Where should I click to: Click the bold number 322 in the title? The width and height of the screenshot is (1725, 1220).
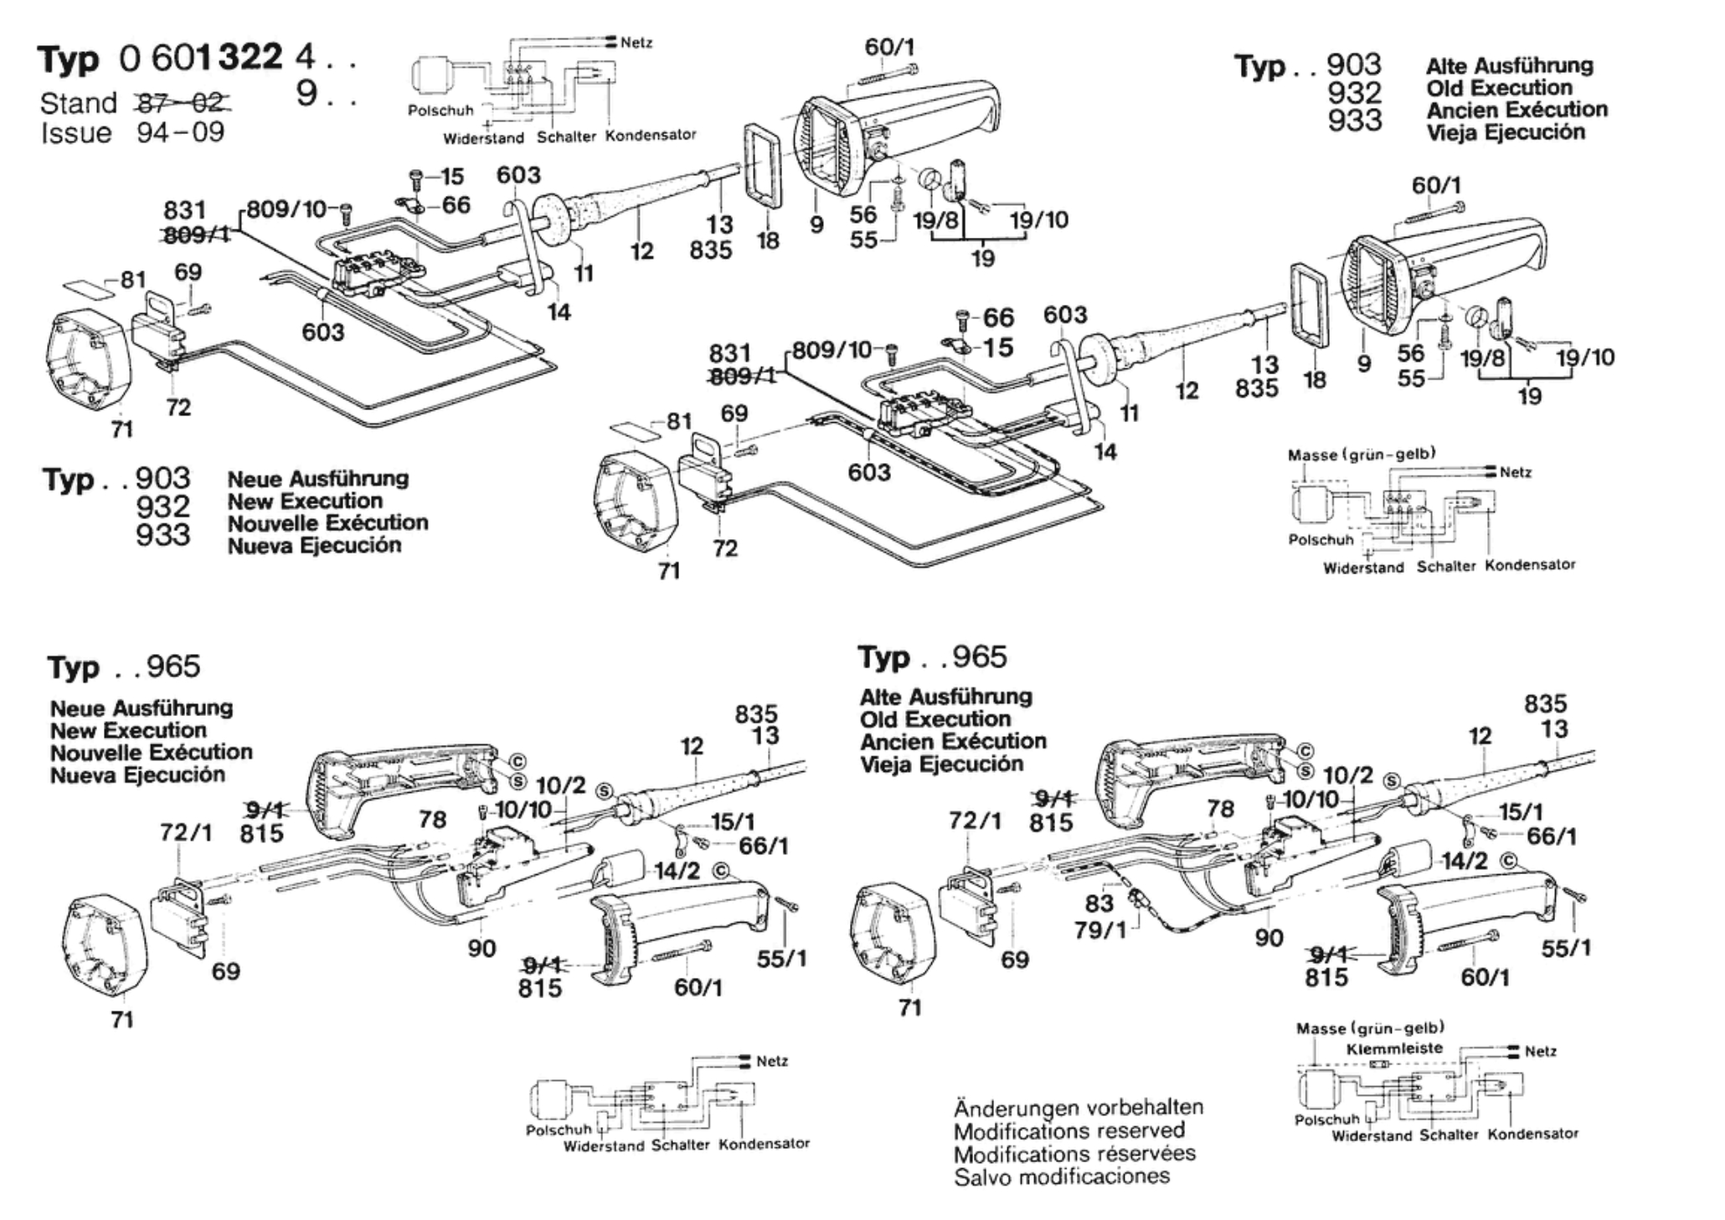click(250, 58)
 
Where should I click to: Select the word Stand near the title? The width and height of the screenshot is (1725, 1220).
click(79, 103)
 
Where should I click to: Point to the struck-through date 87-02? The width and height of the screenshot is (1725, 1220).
click(183, 103)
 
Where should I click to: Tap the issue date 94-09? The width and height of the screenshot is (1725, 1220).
click(181, 132)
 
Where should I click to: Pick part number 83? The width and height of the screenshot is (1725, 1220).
click(1099, 903)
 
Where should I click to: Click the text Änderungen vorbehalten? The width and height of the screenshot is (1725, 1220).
click(1079, 1107)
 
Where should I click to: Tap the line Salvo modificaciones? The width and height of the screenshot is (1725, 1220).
click(1062, 1176)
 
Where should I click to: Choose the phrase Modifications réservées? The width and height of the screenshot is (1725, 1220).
click(1074, 1154)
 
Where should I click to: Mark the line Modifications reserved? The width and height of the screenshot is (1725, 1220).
click(1069, 1130)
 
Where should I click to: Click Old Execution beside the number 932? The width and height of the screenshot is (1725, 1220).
click(1499, 87)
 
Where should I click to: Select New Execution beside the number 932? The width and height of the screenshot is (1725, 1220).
click(305, 501)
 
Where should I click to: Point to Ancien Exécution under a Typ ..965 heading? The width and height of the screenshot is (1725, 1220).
click(953, 741)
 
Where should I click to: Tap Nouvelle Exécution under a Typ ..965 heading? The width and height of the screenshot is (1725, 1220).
click(151, 752)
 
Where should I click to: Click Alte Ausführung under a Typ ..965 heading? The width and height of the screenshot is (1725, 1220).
click(945, 697)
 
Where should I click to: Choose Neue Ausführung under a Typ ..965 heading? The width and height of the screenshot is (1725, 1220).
click(142, 708)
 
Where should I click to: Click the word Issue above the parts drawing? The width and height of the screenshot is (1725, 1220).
click(76, 132)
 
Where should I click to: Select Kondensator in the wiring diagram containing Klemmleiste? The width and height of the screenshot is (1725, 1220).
click(1532, 1134)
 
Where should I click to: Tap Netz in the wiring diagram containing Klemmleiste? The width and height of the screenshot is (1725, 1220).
click(1540, 1051)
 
